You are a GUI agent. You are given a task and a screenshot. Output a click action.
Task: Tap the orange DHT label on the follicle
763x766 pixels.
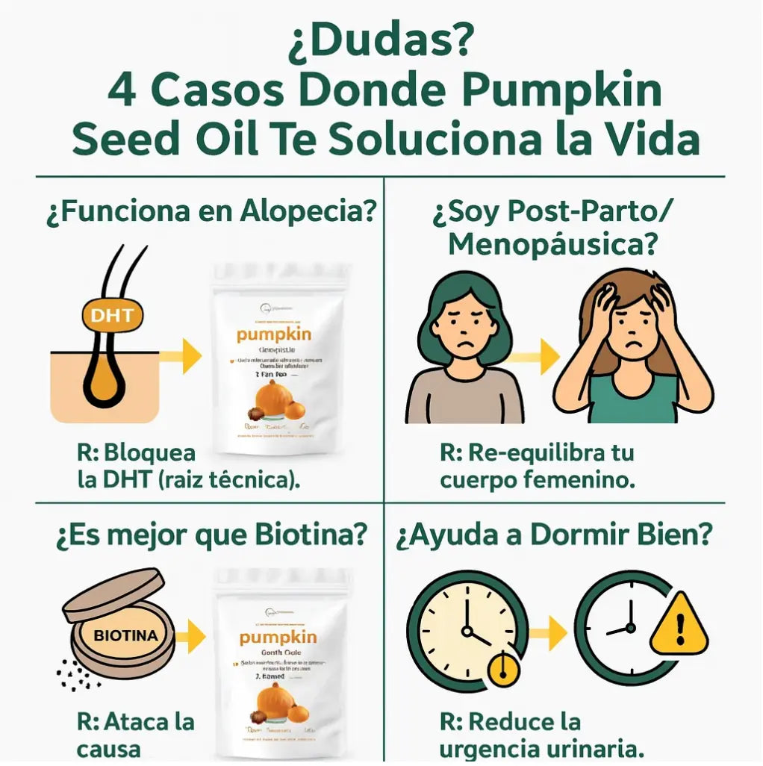[x=112, y=315]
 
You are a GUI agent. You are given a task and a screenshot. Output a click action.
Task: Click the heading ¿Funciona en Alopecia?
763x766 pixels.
[x=210, y=212]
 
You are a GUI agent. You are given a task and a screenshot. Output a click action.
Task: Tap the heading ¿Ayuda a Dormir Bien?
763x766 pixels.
[x=553, y=534]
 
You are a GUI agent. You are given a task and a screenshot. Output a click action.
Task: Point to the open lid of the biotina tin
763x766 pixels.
[x=112, y=594]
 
